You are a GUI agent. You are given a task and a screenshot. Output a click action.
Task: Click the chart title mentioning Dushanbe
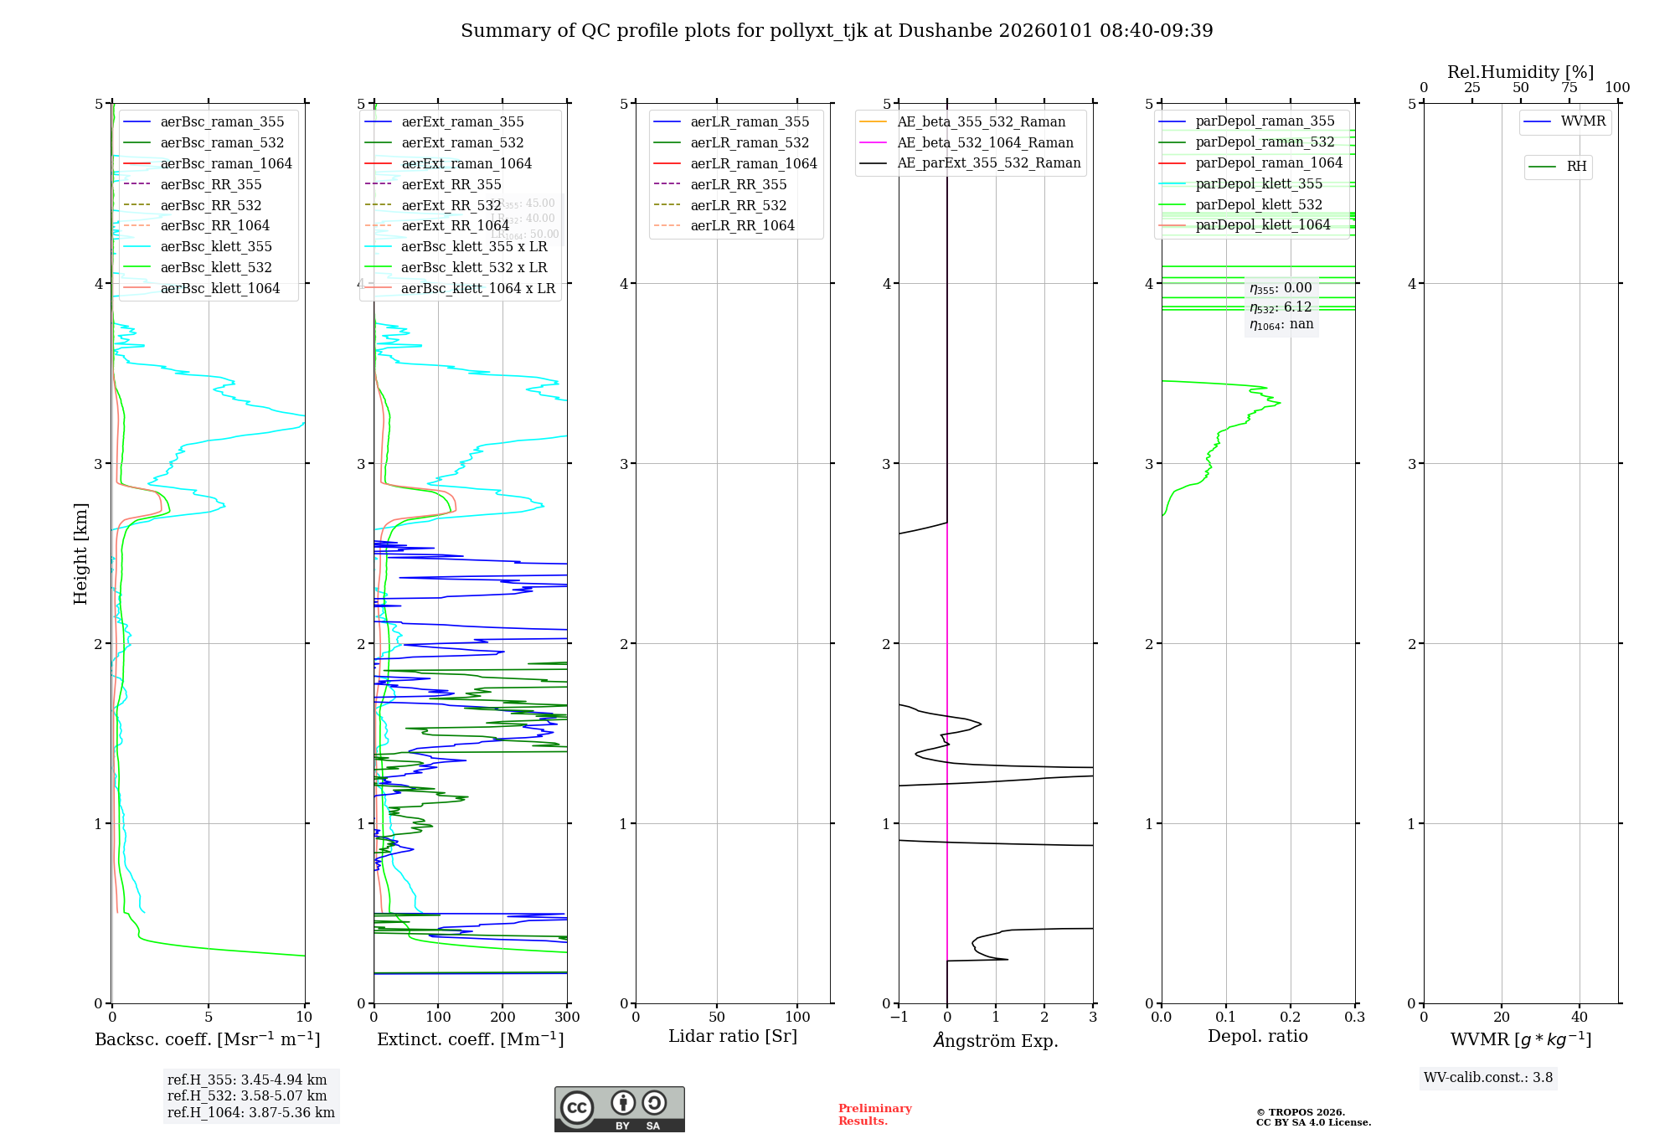click(837, 31)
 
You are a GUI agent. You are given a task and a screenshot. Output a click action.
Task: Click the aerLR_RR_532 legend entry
click(738, 205)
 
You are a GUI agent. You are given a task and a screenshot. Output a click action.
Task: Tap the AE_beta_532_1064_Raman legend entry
click(985, 142)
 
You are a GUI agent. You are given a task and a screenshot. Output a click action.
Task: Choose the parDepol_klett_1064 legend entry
click(1262, 224)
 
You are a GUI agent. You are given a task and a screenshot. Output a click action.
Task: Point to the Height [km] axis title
click(80, 553)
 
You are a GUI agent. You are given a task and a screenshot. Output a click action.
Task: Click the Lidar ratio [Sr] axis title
click(733, 1036)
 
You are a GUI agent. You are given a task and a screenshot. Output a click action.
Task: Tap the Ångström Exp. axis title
click(996, 1040)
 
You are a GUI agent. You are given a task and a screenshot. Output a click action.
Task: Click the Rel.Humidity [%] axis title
click(1520, 72)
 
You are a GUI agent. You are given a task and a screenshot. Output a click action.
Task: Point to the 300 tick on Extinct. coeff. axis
click(567, 1017)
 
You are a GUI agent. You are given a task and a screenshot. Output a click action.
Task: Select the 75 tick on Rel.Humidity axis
click(1569, 88)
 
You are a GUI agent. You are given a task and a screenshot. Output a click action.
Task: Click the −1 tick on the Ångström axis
click(899, 1017)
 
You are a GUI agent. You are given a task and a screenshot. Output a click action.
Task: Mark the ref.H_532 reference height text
click(247, 1095)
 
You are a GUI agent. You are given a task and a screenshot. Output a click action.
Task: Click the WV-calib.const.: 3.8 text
click(1488, 1077)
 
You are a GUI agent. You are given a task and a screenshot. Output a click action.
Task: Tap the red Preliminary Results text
click(874, 1115)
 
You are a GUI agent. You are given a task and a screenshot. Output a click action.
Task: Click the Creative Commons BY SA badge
click(619, 1109)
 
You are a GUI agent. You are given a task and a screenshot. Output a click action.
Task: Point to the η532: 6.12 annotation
click(1281, 307)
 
